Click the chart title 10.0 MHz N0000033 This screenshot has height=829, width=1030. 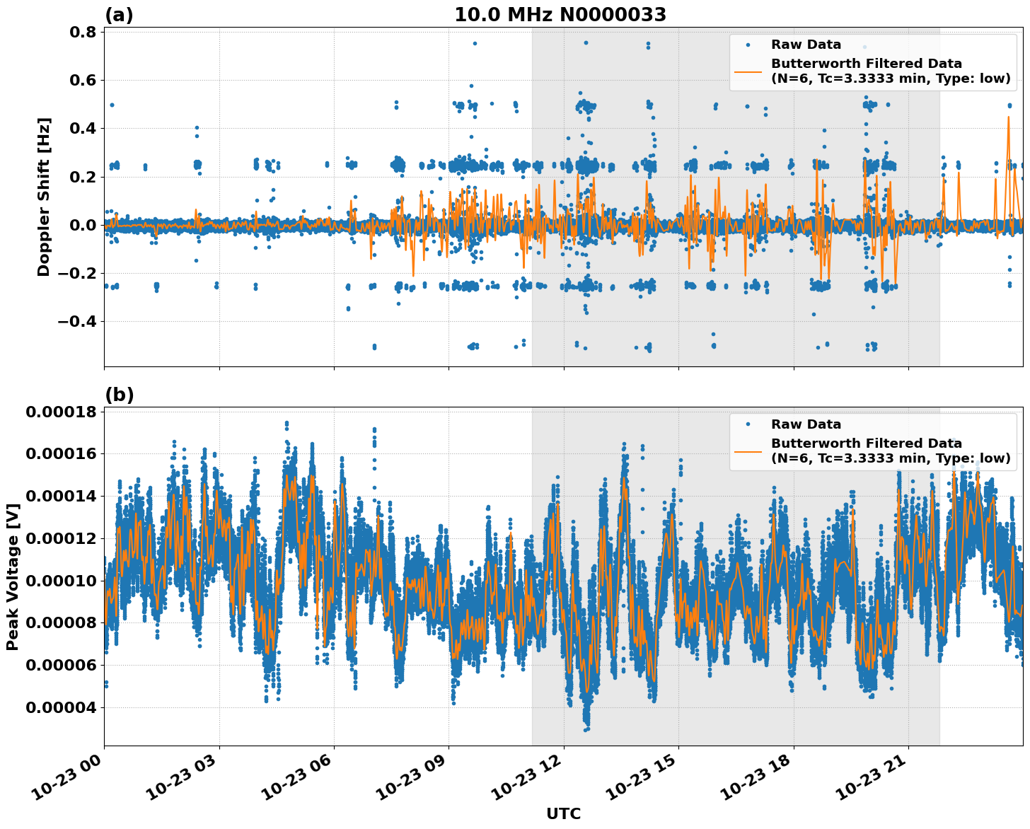click(560, 15)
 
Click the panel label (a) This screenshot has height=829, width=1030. click(119, 15)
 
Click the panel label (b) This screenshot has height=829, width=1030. click(119, 395)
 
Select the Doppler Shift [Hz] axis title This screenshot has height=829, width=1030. click(44, 197)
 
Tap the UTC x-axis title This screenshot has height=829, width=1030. click(563, 813)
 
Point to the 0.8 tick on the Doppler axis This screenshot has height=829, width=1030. click(83, 32)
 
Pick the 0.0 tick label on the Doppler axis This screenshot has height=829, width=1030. click(83, 225)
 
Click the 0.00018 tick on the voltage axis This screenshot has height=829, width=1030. click(60, 412)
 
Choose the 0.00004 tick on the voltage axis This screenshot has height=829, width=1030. click(60, 707)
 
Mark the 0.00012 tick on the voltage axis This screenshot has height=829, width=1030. click(60, 538)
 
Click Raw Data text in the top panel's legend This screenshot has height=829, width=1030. click(806, 45)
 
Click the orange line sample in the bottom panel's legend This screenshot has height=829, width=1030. click(748, 451)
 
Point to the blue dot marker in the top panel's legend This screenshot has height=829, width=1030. click(748, 45)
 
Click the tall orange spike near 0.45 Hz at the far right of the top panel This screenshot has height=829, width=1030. click(1008, 118)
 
